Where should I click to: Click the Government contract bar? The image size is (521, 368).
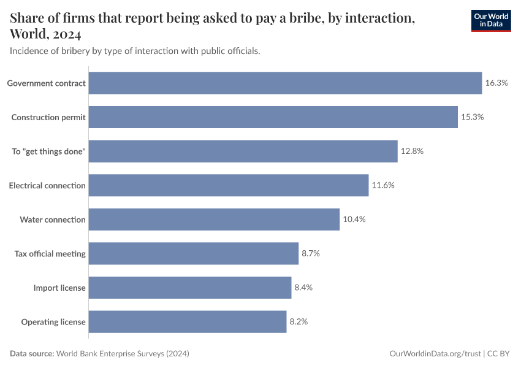[285, 83]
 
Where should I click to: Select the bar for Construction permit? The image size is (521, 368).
[273, 117]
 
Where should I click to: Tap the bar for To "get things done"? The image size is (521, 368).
[243, 151]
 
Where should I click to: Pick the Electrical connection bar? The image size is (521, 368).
[229, 185]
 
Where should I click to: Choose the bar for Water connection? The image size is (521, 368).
[214, 220]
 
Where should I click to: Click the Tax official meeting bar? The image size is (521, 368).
[194, 253]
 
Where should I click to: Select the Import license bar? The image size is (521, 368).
[190, 288]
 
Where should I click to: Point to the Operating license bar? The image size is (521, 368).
[188, 321]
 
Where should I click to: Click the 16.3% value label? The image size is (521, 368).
[496, 83]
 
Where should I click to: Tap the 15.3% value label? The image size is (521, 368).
[472, 117]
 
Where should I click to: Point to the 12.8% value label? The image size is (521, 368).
[412, 151]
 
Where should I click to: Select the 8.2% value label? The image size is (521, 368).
[299, 321]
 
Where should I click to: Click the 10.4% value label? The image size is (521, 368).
[354, 220]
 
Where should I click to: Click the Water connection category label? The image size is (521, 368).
[53, 220]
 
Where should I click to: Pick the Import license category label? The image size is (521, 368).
[59, 288]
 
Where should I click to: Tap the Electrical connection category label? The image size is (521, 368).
[47, 185]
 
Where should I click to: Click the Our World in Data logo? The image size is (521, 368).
[490, 20]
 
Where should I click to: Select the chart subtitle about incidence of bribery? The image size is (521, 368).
[135, 51]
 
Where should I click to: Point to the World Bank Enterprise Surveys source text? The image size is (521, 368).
[123, 354]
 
